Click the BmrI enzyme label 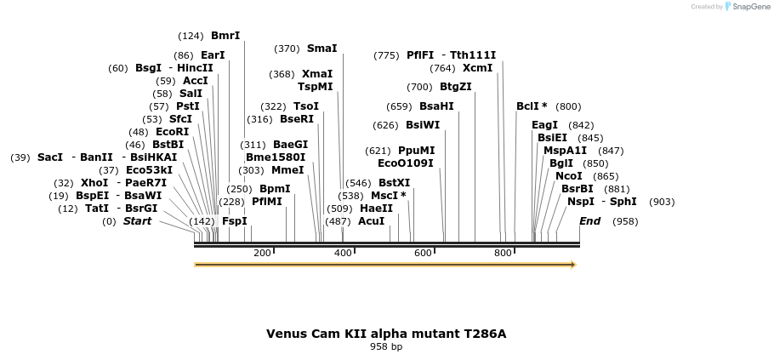click(225, 36)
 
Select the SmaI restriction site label click(322, 49)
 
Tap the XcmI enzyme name click(477, 68)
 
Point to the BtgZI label click(455, 87)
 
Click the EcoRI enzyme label click(172, 132)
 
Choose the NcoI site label click(568, 176)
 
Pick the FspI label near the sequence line click(234, 220)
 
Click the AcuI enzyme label click(371, 220)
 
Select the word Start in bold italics click(137, 221)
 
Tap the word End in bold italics click(589, 221)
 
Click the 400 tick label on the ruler click(343, 253)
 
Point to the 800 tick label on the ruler click(504, 253)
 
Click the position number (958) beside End click(625, 221)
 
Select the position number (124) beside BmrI click(191, 36)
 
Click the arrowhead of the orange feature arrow click(573, 265)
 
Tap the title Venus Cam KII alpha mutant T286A click(386, 334)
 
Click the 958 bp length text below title click(386, 347)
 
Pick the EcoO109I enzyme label click(405, 163)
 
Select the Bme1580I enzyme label click(275, 157)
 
